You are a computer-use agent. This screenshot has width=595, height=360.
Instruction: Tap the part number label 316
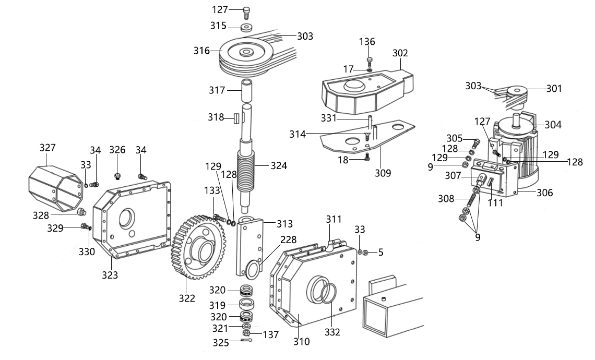[x=201, y=51]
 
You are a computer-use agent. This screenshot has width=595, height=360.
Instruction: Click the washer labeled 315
[x=247, y=28]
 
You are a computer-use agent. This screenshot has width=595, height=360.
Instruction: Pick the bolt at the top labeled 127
[x=247, y=13]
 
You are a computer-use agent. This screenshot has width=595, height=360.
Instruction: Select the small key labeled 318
[x=235, y=118]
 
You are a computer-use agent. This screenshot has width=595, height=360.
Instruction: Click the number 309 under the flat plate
[x=383, y=173]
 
